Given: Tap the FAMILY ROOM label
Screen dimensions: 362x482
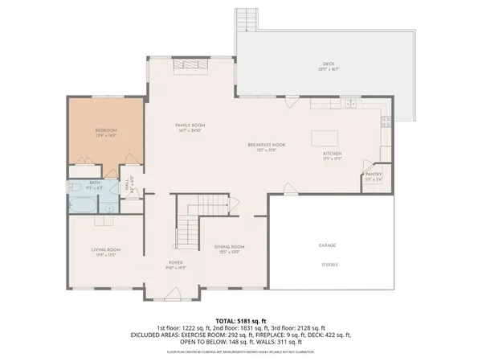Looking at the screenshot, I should (191, 125).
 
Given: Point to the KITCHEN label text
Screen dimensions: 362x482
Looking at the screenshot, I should (333, 153).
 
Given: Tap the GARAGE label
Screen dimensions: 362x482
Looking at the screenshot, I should (326, 245).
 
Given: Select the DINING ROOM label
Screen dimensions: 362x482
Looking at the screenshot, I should (229, 247).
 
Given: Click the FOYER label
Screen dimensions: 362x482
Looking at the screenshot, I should (176, 264).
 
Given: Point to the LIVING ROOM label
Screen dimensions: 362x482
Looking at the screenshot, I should (105, 250).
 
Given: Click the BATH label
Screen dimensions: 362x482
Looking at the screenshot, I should (94, 183).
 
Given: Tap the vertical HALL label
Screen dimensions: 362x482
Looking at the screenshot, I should (127, 185).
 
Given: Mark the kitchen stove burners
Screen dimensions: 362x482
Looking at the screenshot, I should (386, 122).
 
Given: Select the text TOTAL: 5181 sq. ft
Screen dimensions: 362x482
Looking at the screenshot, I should (240, 319).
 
